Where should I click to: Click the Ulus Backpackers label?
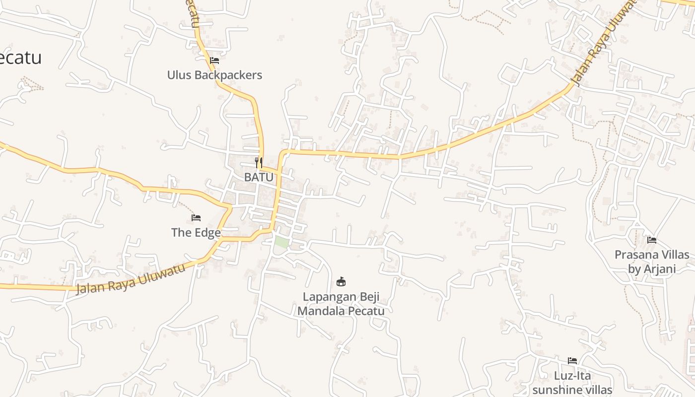(214, 75)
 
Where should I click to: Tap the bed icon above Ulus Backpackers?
(214, 61)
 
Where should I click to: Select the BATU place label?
(259, 177)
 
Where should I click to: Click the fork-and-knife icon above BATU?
(258, 162)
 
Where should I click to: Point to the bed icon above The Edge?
(196, 218)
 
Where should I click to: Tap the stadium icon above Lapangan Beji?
(341, 282)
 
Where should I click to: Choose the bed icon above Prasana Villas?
(652, 240)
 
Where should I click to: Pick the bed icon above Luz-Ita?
(572, 361)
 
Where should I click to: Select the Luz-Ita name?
(572, 376)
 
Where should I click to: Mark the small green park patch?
(281, 243)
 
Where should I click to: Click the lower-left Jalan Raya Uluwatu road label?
(131, 279)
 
